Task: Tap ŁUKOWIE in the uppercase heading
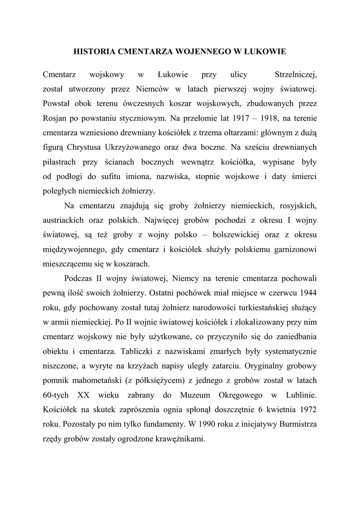pyautogui.click(x=264, y=51)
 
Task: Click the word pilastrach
pyautogui.click(x=64, y=162)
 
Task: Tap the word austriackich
pyautogui.click(x=66, y=220)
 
